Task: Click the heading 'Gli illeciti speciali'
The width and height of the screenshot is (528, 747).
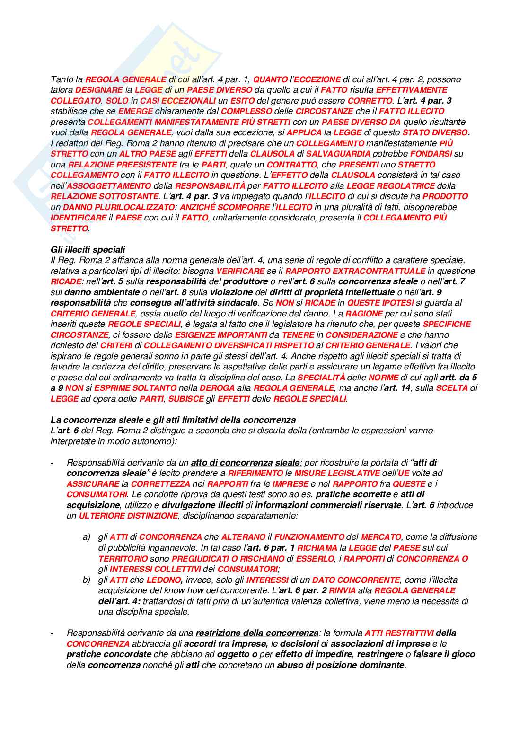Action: pos(88,249)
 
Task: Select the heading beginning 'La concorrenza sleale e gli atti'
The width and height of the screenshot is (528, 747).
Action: pos(173,420)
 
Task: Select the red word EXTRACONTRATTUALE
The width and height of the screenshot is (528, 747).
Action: pos(378,271)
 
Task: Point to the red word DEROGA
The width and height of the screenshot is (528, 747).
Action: pos(217,388)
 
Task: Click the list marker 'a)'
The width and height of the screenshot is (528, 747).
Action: pos(86,537)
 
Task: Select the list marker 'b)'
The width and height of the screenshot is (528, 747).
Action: pos(86,580)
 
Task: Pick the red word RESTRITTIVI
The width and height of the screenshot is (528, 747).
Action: pos(409,633)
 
